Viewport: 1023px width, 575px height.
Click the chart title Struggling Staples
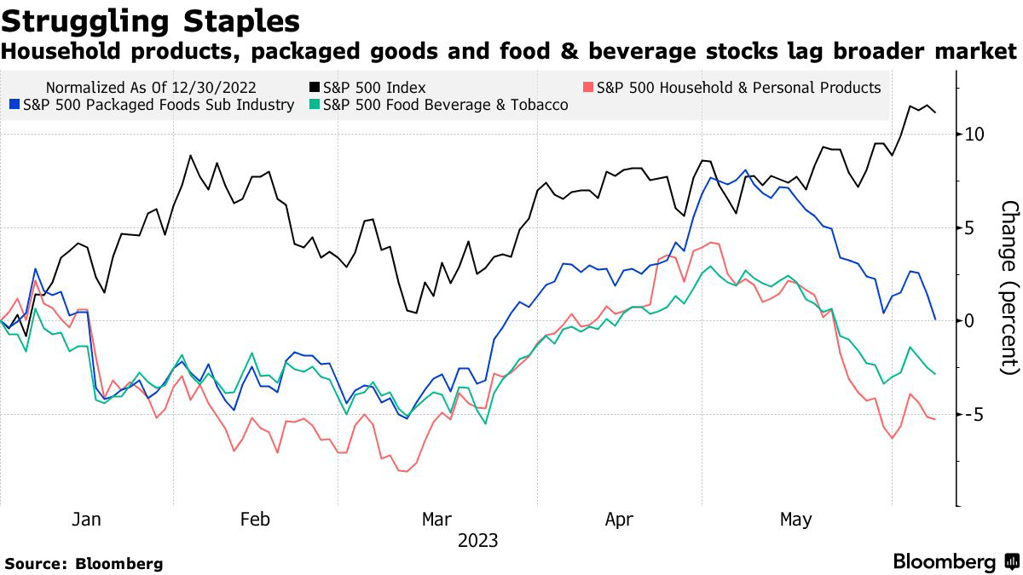[150, 20]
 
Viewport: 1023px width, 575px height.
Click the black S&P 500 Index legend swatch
[314, 88]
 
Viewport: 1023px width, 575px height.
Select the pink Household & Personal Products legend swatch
[588, 88]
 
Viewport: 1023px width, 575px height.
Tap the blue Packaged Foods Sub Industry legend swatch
[14, 105]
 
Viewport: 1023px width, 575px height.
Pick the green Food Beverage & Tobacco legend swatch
[314, 105]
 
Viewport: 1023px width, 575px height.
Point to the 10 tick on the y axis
[975, 134]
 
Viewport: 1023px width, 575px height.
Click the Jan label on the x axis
[86, 520]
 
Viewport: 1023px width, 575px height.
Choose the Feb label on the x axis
[256, 520]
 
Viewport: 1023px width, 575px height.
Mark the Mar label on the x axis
[437, 520]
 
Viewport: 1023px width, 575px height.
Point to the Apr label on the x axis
[620, 520]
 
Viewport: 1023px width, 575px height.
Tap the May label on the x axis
[797, 520]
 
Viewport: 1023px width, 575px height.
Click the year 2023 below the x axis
[477, 541]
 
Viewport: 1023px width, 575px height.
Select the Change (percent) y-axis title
[1010, 287]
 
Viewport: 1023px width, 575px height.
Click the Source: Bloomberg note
[84, 563]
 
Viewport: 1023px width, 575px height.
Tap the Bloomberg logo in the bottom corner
[956, 562]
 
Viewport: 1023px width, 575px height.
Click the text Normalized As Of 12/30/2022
[151, 88]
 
